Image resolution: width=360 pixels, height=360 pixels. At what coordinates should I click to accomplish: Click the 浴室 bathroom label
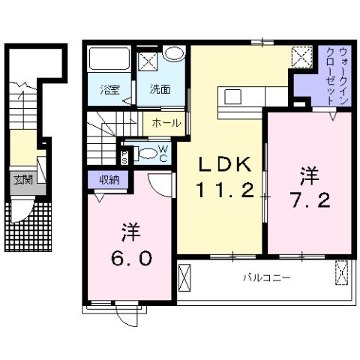[x=110, y=90]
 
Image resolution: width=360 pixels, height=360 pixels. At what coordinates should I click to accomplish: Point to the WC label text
[x=163, y=152]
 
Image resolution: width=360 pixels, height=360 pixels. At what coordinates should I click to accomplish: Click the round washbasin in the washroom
[x=175, y=54]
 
